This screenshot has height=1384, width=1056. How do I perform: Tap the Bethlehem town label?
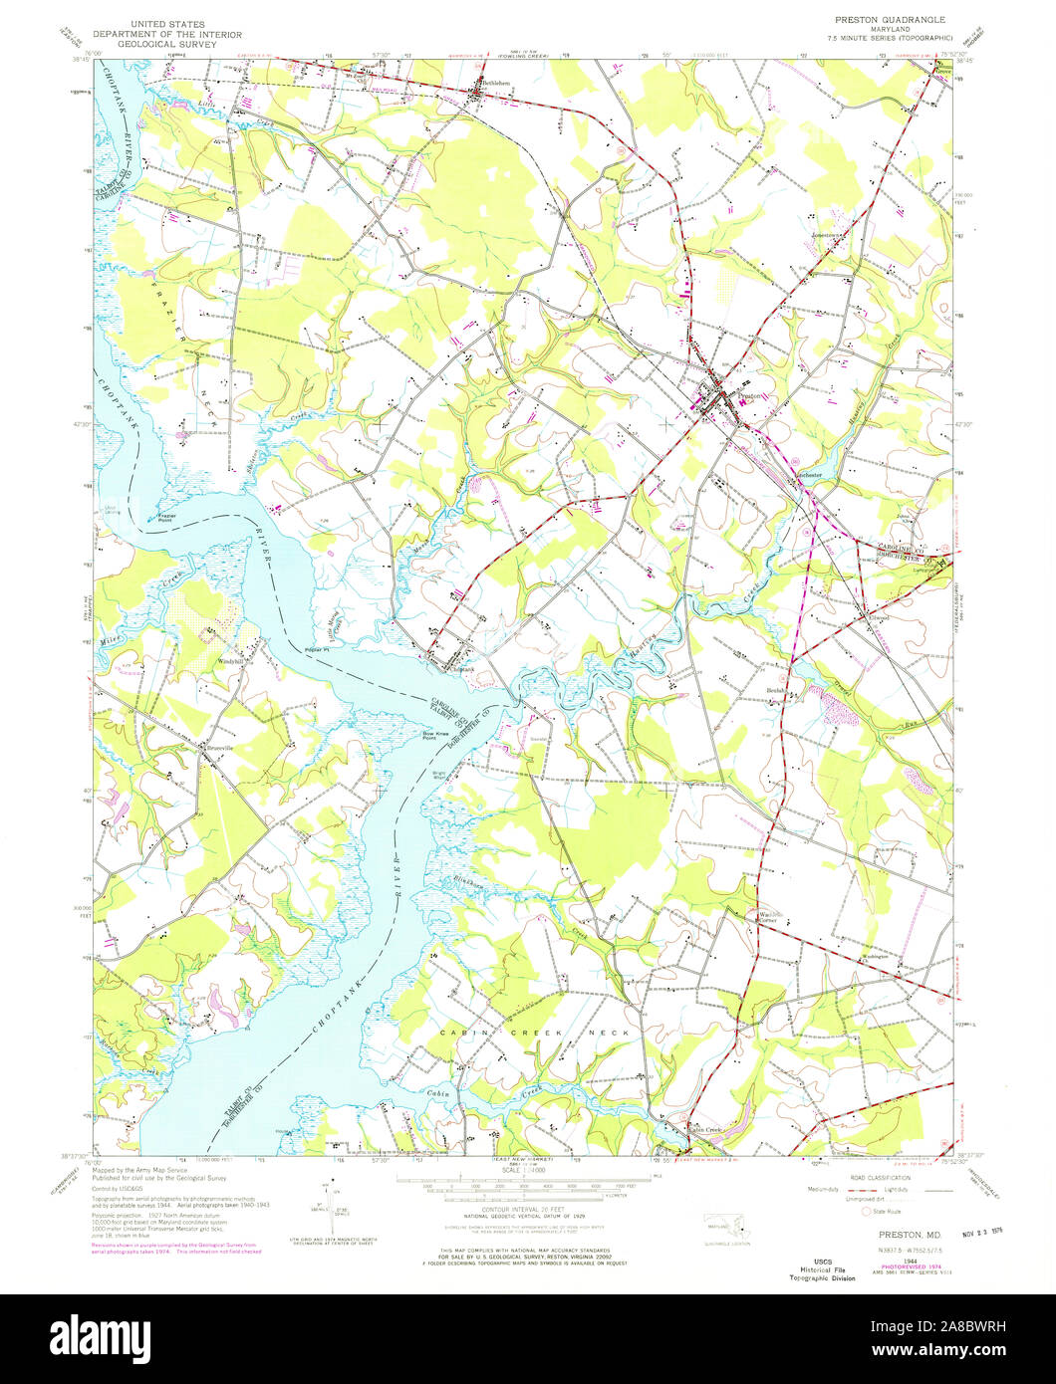[x=495, y=83]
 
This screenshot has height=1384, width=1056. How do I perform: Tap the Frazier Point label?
[x=167, y=517]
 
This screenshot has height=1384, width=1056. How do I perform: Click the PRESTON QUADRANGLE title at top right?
[x=890, y=19]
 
